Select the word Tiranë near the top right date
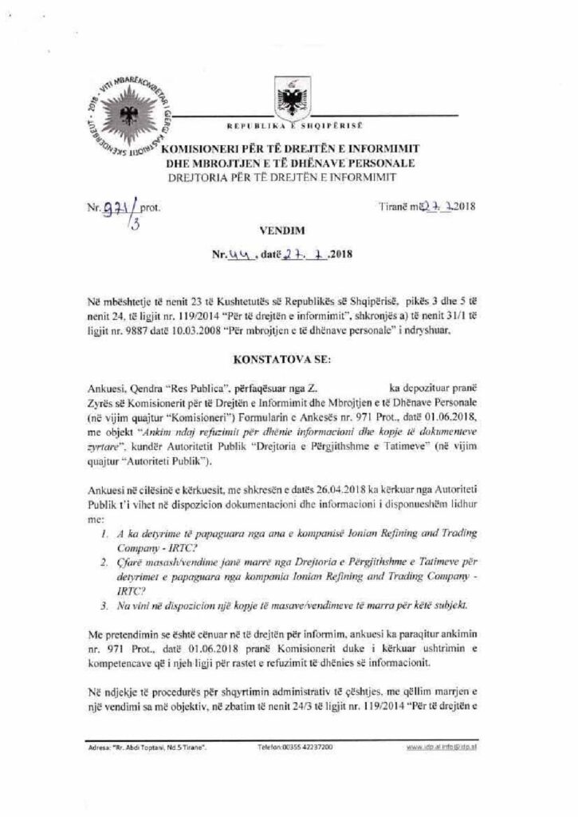click(x=391, y=207)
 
